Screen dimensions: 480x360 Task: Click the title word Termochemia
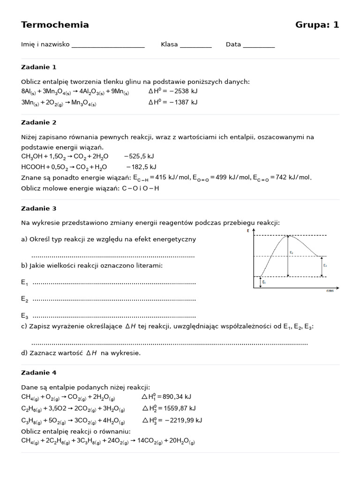(55, 25)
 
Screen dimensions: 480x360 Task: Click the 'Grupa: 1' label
(317, 25)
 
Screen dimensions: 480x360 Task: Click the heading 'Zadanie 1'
(39, 67)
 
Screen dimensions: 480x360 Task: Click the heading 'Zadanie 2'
(39, 123)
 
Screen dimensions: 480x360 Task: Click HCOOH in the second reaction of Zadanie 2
(34, 167)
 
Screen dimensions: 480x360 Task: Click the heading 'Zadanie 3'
(39, 209)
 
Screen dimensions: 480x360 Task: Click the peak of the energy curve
(288, 236)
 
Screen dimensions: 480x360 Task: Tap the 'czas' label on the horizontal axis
(330, 291)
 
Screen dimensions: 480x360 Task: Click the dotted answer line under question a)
(112, 256)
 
